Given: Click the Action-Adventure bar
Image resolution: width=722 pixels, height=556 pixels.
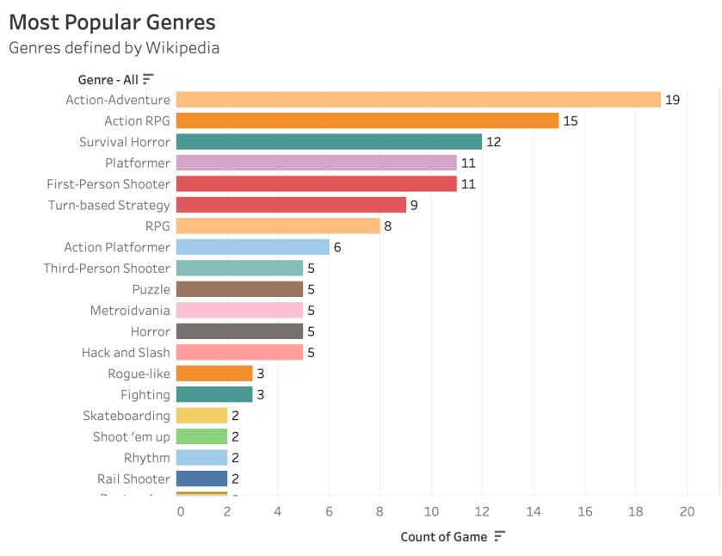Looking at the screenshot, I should tap(418, 100).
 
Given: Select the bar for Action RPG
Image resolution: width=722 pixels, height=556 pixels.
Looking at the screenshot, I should tap(367, 120).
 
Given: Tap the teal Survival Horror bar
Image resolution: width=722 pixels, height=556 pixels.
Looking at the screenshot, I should tap(329, 142).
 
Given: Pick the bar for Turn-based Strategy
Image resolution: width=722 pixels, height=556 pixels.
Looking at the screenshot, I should tap(291, 205).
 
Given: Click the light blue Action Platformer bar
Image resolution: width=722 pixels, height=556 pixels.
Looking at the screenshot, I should tap(253, 247).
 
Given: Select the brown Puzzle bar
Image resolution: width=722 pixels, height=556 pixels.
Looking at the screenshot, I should tap(240, 289).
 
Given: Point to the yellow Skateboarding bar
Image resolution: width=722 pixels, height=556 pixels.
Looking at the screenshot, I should tap(201, 416).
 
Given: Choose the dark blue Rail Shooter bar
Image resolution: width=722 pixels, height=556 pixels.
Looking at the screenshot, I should tap(201, 479).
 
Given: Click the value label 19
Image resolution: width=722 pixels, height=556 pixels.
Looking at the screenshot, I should tap(672, 100).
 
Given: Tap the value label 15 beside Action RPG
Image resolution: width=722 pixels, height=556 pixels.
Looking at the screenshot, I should tap(571, 120).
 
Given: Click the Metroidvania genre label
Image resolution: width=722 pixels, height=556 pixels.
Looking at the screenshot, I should tap(130, 310).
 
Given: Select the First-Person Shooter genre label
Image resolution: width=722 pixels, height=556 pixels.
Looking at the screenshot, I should tap(108, 183).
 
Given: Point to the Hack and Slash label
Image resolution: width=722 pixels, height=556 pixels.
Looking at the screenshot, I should tap(126, 352).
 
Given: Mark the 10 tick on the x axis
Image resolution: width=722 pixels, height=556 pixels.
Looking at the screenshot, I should tap(431, 511).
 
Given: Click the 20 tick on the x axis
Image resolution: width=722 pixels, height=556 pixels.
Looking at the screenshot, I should tap(686, 511).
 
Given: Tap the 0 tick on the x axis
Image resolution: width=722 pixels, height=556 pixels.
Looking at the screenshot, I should tap(180, 511).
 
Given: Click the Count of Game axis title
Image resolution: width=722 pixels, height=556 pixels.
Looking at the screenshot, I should tap(444, 537).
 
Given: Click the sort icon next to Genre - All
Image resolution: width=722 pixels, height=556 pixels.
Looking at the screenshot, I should tap(148, 79).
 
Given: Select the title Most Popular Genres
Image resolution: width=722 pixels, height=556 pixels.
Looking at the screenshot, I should tap(112, 22).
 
